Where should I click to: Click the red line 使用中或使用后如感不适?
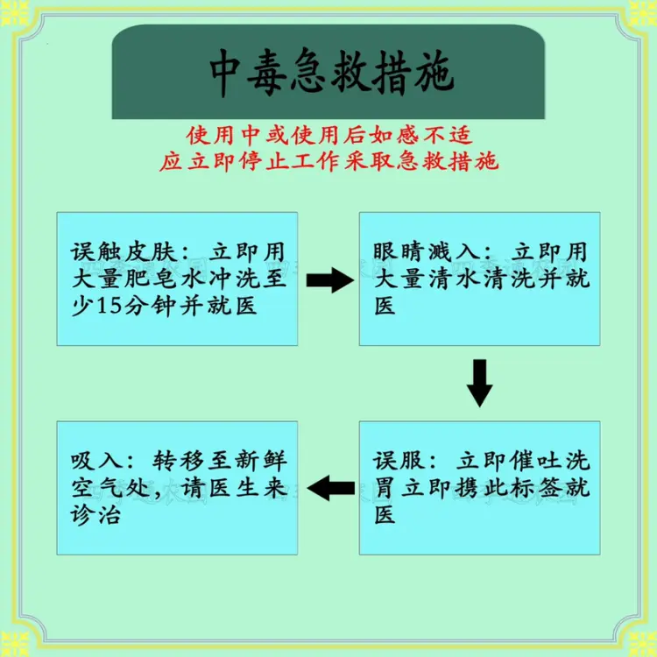(329, 135)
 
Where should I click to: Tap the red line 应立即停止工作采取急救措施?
(328, 161)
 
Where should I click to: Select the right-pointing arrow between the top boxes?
(330, 280)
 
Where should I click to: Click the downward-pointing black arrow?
(479, 383)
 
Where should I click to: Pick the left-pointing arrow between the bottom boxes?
(331, 488)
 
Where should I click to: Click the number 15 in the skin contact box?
(109, 306)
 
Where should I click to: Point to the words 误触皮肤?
(122, 251)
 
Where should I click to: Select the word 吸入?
(96, 461)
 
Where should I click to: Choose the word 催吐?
(535, 461)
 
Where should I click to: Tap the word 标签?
(535, 488)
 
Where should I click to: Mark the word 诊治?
(96, 514)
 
